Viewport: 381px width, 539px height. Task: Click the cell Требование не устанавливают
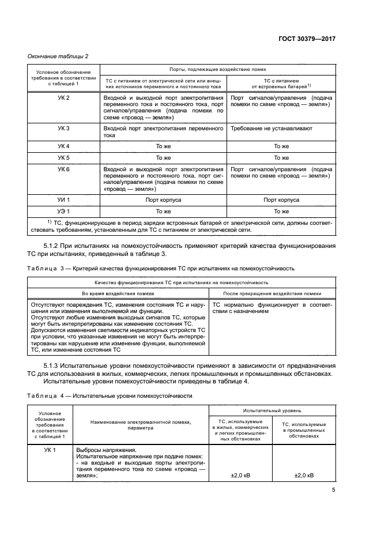(x=268, y=129)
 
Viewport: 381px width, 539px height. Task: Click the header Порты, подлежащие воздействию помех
(x=217, y=69)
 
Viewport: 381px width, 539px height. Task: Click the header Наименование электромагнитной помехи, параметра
(x=138, y=426)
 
